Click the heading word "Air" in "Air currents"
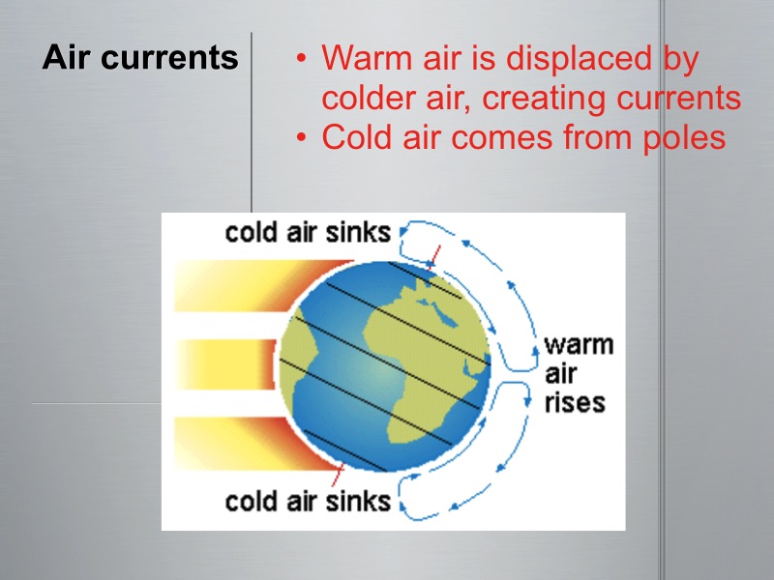(67, 58)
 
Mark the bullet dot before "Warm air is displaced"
(302, 59)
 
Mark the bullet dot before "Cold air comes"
(302, 137)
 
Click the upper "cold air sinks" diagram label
(308, 233)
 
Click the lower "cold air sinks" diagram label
(308, 502)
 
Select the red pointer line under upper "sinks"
(434, 255)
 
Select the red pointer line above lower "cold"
(337, 476)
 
